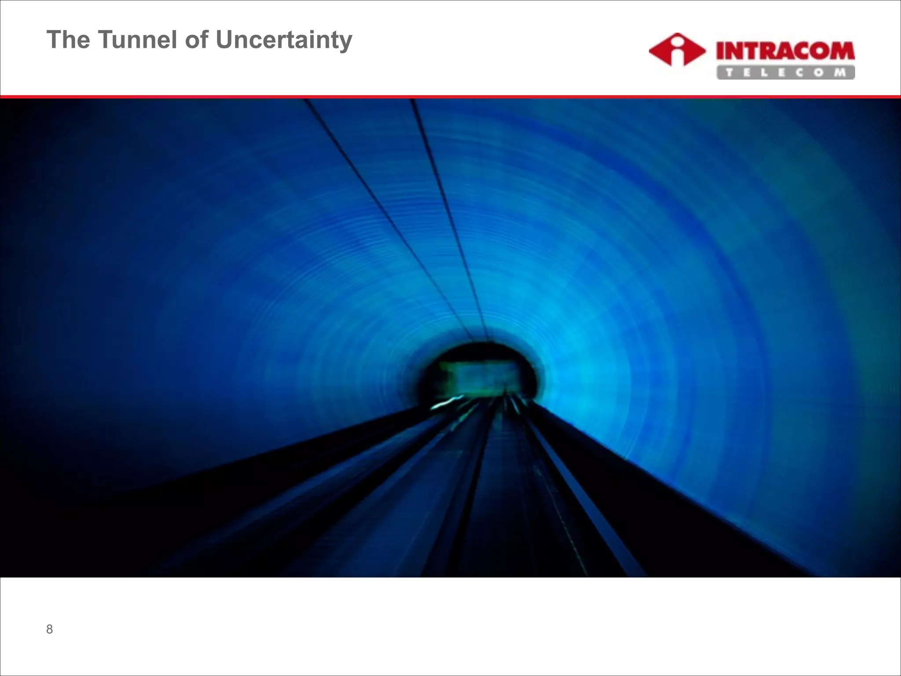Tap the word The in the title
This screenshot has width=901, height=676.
click(68, 40)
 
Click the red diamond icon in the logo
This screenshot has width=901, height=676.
click(677, 50)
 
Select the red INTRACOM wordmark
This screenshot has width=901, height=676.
click(785, 51)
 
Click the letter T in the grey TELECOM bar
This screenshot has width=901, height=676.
click(729, 73)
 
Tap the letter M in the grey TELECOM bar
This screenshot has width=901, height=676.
click(840, 73)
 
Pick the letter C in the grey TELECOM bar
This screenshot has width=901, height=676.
click(799, 73)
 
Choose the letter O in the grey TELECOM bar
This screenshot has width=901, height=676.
click(819, 73)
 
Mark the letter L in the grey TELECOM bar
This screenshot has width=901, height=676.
click(764, 73)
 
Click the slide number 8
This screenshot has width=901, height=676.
click(49, 629)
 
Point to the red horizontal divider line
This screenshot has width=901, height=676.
click(450, 96)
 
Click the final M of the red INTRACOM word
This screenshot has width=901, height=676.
click(841, 51)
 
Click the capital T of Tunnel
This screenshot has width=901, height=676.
click(105, 40)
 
